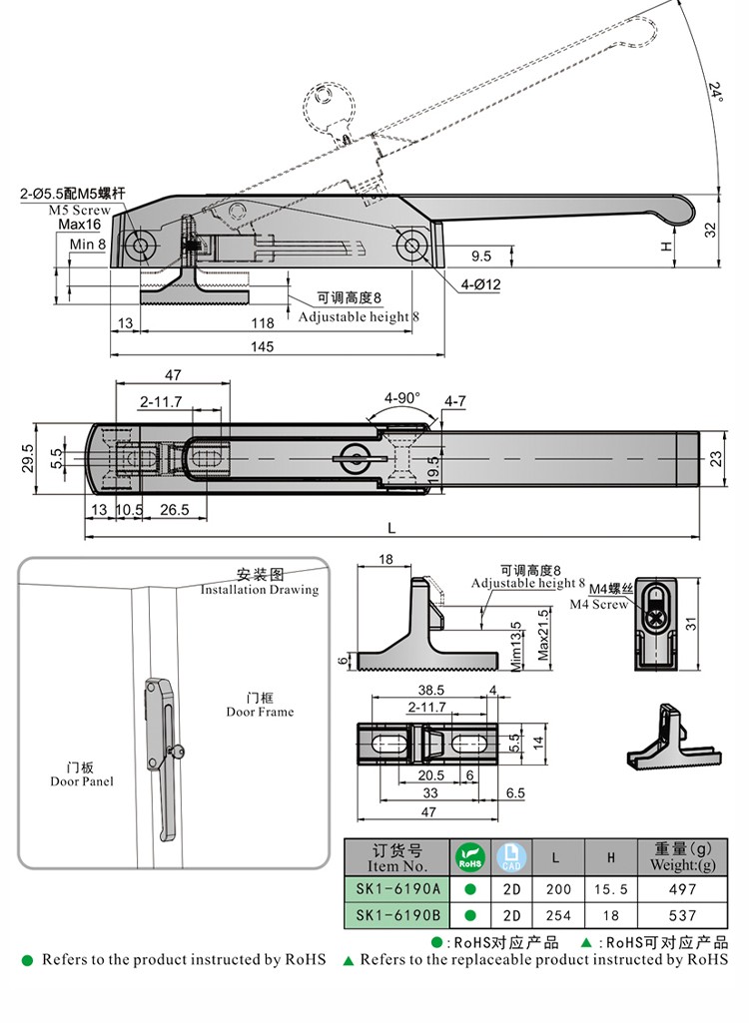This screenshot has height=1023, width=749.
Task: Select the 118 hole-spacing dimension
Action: (x=262, y=322)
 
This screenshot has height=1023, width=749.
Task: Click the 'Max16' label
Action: (x=87, y=226)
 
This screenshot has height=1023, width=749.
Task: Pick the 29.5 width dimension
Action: (x=29, y=458)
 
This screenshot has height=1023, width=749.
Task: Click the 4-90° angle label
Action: (x=401, y=396)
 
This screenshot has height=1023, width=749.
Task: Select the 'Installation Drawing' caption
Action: (x=260, y=590)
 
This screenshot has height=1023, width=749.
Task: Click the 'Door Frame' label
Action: (x=260, y=712)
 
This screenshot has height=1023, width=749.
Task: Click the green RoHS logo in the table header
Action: (x=469, y=856)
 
